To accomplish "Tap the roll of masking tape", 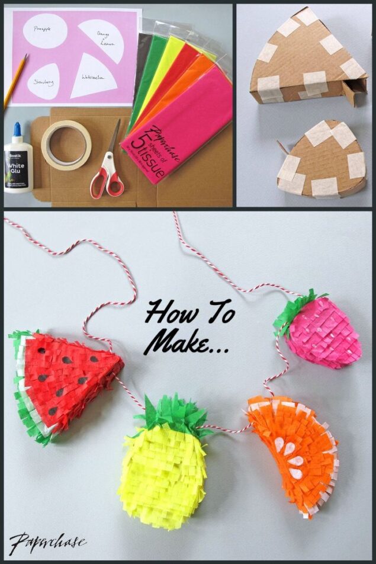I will pos(66,145).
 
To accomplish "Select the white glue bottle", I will pos(18,163).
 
